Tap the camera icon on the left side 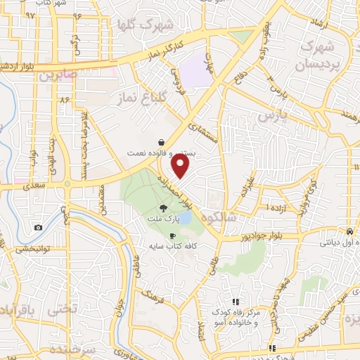(38, 227)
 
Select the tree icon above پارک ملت (164, 207)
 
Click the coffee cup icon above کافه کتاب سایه (172, 236)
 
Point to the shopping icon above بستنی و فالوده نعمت (162, 141)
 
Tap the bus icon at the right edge (349, 231)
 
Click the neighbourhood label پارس (269, 113)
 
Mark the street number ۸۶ (65, 100)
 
